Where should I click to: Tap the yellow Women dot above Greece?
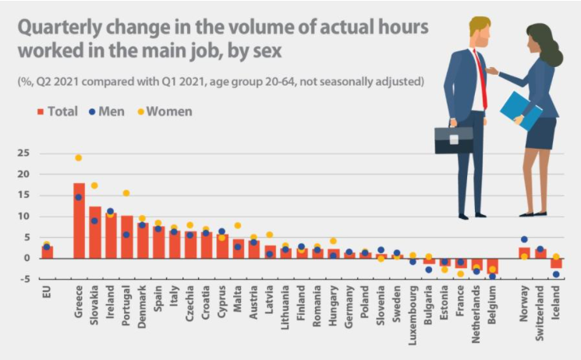(79, 157)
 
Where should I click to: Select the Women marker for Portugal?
(126, 193)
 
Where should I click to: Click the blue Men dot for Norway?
(524, 239)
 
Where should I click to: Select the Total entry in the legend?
(57, 111)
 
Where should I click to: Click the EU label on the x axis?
(47, 295)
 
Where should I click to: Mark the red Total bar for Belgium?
(492, 266)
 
